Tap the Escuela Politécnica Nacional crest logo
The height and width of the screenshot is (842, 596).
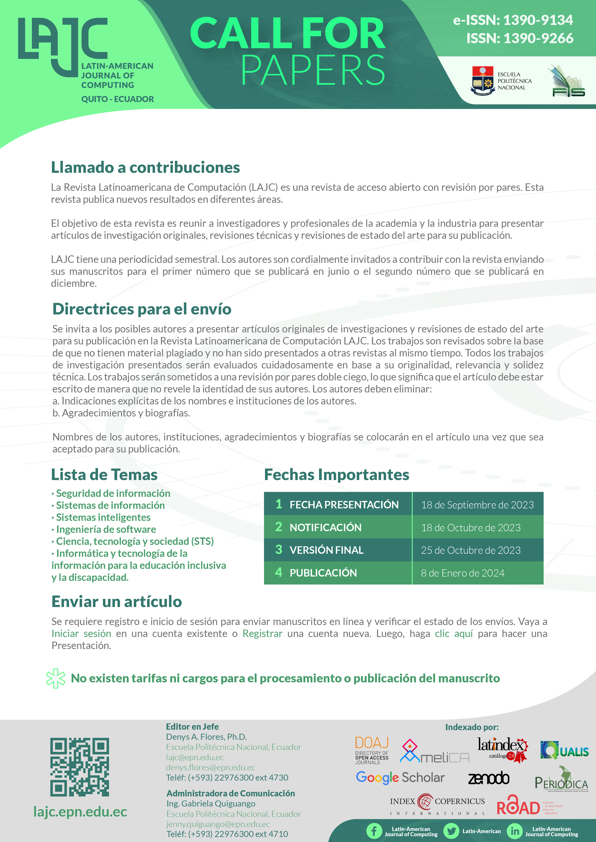pos(483,80)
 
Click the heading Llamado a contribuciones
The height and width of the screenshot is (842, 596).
pos(145,168)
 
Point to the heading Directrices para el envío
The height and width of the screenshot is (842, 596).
pos(142,309)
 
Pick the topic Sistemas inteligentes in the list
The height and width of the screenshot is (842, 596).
pos(103,517)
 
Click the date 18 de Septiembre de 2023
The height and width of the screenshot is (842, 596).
pos(477,505)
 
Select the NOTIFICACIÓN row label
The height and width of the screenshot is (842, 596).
pos(325,528)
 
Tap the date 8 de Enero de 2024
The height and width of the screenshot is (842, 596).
pos(462,573)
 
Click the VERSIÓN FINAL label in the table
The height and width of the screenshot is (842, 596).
pos(326,550)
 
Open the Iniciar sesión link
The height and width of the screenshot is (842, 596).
pos(81,634)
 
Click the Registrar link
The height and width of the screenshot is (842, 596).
pos(262,634)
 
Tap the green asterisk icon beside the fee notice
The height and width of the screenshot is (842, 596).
pos(56,679)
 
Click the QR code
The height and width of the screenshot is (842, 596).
pos(80,767)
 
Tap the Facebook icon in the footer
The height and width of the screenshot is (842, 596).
pos(374,831)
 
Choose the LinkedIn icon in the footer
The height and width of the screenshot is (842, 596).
pos(515,831)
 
